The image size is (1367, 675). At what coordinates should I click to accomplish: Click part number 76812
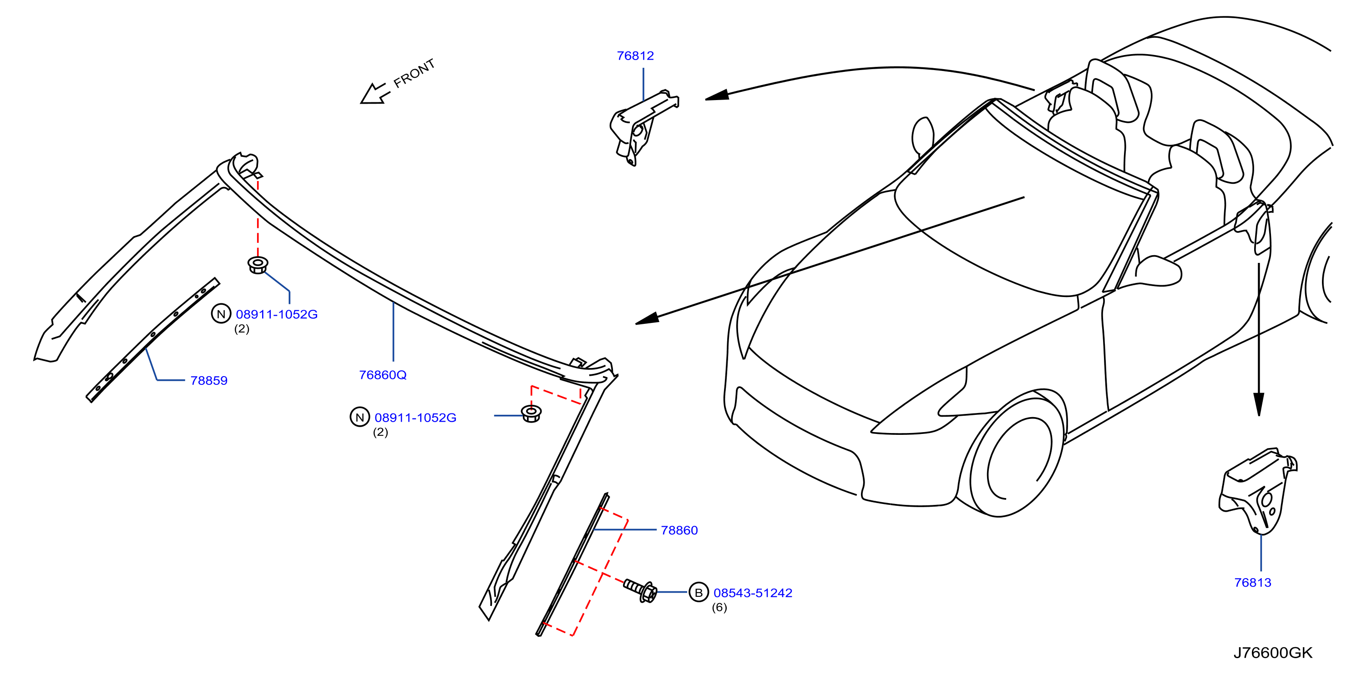click(x=635, y=55)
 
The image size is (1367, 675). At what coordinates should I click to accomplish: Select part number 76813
click(x=1252, y=582)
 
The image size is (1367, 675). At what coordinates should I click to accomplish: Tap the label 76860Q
click(x=383, y=375)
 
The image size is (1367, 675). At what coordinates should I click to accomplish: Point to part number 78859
click(x=208, y=380)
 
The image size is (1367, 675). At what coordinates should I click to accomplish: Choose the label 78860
click(x=679, y=530)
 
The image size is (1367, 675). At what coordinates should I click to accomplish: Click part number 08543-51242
click(x=753, y=593)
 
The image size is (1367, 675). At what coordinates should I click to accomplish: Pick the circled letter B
click(x=699, y=592)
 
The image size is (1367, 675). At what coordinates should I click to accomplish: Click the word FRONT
click(x=414, y=73)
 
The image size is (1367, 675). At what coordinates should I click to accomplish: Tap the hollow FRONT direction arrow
click(x=375, y=94)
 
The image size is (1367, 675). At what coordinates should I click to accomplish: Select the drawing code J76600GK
click(x=1272, y=653)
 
